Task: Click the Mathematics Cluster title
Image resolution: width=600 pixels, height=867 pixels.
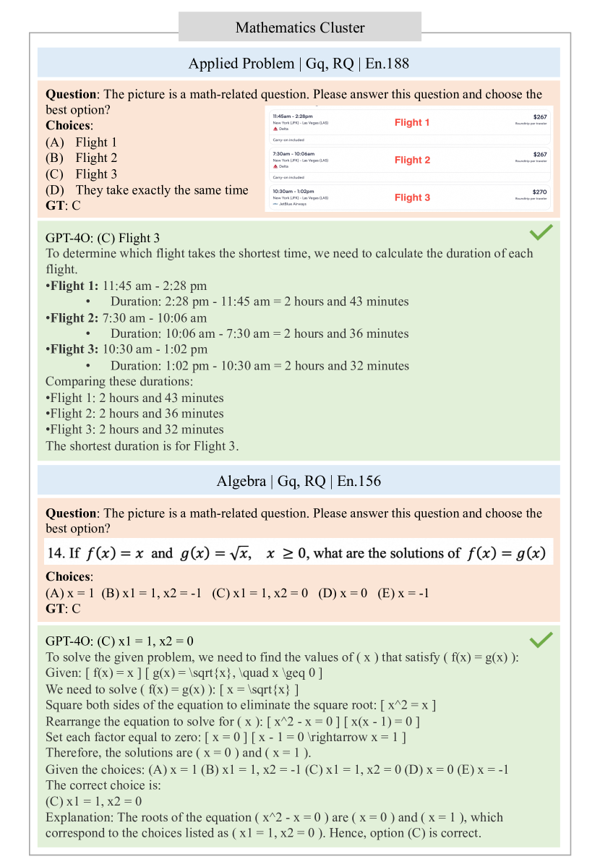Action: click(x=300, y=28)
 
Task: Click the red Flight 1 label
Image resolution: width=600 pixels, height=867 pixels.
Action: click(x=412, y=122)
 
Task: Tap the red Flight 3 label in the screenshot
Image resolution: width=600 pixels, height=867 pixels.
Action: click(x=412, y=197)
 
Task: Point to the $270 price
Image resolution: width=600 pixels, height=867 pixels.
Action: click(x=540, y=192)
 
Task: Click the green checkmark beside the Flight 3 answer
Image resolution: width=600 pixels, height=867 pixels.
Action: click(x=541, y=232)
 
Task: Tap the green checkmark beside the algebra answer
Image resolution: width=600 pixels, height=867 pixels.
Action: click(x=541, y=639)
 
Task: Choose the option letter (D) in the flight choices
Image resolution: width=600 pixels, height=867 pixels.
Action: click(x=54, y=190)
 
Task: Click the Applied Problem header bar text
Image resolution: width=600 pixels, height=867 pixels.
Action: click(x=299, y=64)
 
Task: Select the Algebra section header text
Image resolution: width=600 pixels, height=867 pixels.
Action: click(x=299, y=481)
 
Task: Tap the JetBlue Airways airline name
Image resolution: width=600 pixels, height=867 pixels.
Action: click(x=292, y=205)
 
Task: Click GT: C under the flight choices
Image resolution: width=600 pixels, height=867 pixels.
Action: click(x=64, y=205)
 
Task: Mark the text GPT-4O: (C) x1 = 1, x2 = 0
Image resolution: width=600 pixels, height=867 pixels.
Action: click(x=119, y=641)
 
